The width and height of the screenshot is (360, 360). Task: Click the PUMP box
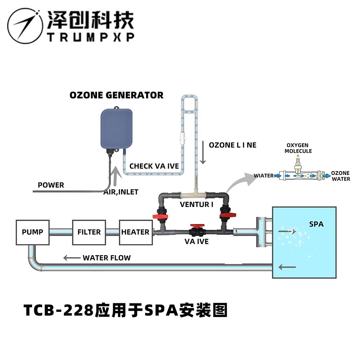(x=33, y=232)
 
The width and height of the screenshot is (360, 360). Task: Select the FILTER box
(x=89, y=232)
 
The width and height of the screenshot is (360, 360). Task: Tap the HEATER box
(x=135, y=232)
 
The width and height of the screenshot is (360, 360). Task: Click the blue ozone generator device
(x=116, y=129)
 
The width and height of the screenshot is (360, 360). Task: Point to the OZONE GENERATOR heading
(x=116, y=95)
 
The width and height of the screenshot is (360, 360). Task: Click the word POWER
(x=51, y=185)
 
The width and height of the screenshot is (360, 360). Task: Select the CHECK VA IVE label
(x=154, y=166)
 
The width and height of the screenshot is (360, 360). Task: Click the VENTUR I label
(x=197, y=205)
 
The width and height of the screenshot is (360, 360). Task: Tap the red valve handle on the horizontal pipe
(x=196, y=227)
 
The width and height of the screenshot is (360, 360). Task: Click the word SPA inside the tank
(x=316, y=224)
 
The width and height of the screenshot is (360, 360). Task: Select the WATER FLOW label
(x=107, y=258)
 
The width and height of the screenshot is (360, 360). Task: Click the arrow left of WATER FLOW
(x=71, y=258)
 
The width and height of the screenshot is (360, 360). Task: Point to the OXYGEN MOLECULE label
(x=298, y=148)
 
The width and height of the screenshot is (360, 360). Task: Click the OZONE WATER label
(x=341, y=176)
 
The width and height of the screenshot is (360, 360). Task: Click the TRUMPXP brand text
(x=91, y=37)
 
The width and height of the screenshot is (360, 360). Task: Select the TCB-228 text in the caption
(x=58, y=310)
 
